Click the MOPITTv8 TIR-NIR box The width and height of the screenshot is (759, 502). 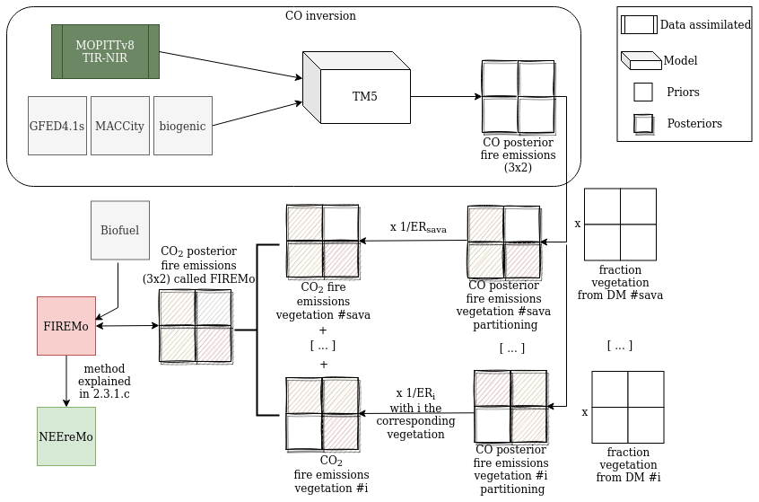coord(105,51)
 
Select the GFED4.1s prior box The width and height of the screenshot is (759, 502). coord(57,126)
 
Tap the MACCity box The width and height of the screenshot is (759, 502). coord(119,126)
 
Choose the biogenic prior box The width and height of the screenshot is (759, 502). coord(183,126)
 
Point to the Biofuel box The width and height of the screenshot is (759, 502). coord(119,231)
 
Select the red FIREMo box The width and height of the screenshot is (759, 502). coord(66,325)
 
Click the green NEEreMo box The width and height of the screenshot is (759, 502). coord(66,436)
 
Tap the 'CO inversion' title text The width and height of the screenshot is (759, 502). coord(320,15)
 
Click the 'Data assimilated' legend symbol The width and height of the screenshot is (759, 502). coord(639,25)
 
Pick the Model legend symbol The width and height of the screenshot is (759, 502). coord(641,61)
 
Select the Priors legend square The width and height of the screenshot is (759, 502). coord(642,92)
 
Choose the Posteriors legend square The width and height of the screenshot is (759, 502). coord(642,123)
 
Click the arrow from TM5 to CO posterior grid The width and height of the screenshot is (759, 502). coord(446,96)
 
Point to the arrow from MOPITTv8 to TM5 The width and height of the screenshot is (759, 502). coord(229,66)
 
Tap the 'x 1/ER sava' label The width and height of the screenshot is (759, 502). coord(417,228)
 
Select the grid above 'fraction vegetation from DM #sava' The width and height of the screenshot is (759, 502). coord(620,224)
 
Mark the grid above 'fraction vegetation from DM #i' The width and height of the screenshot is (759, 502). coord(627,407)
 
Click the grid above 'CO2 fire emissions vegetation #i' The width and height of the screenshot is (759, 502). coord(323,413)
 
